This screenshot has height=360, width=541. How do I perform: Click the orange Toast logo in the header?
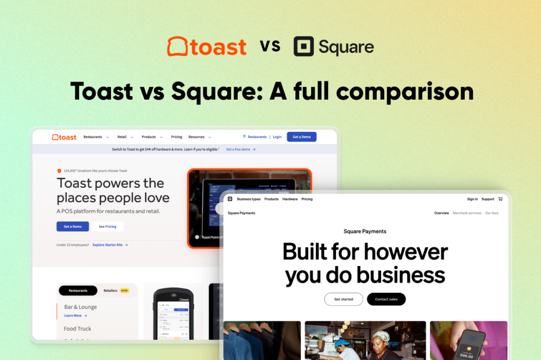[207, 46]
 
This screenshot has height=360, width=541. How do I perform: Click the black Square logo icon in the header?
[303, 46]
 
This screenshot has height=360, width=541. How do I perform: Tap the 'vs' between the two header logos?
[270, 46]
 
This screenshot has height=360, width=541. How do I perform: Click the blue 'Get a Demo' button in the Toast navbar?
[302, 137]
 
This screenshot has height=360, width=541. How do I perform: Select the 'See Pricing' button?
[107, 226]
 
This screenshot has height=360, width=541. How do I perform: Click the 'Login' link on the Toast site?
[277, 137]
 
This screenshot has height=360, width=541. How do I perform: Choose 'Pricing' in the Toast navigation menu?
[176, 137]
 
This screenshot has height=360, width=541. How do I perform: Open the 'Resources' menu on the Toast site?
[199, 137]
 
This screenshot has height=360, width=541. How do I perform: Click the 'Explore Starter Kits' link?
[110, 245]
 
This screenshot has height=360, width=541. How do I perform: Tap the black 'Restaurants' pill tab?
[78, 290]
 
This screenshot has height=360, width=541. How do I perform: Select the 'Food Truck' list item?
[78, 328]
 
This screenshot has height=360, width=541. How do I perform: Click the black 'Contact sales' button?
[386, 299]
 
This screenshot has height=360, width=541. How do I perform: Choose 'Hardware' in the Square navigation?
[290, 199]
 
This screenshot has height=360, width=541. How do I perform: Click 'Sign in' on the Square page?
[472, 199]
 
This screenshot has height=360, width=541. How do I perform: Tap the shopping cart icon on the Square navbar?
[500, 199]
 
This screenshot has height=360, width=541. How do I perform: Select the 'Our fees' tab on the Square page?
[491, 213]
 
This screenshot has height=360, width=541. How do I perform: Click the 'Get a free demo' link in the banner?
[241, 149]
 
